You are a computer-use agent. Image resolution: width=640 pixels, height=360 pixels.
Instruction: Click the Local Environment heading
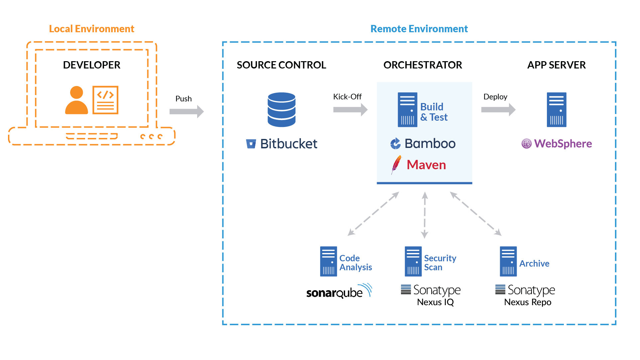pyautogui.click(x=91, y=29)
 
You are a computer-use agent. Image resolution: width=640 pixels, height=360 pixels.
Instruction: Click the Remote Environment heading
pyautogui.click(x=419, y=29)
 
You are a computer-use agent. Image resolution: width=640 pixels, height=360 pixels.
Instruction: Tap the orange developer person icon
pyautogui.click(x=76, y=100)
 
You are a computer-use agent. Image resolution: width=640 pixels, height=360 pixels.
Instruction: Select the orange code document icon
pyautogui.click(x=105, y=100)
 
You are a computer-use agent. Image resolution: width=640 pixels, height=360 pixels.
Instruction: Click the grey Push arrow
pyautogui.click(x=186, y=111)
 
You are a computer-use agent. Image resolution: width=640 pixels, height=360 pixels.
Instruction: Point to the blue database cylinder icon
pyautogui.click(x=281, y=109)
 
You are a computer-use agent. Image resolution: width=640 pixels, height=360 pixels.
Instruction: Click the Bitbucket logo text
pyautogui.click(x=289, y=144)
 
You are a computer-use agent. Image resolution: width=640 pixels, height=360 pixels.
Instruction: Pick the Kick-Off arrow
pyautogui.click(x=350, y=109)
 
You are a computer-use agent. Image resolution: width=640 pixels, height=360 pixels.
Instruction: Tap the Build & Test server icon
pyautogui.click(x=407, y=110)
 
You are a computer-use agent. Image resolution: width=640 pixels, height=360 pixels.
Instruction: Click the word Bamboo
pyautogui.click(x=430, y=144)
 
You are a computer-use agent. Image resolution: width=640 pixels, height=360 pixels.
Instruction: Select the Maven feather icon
pyautogui.click(x=396, y=165)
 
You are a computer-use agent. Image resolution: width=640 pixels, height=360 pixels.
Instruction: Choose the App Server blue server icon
pyautogui.click(x=556, y=110)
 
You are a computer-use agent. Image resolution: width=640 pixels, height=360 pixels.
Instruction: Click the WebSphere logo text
pyautogui.click(x=563, y=144)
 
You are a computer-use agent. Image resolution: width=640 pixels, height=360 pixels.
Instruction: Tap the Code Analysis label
pyautogui.click(x=355, y=263)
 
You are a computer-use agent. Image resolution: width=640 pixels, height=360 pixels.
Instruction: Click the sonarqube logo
pyautogui.click(x=338, y=292)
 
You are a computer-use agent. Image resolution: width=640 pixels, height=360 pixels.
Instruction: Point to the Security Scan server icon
pyautogui.click(x=413, y=261)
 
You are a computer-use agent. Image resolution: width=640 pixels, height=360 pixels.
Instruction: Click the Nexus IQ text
pyautogui.click(x=435, y=302)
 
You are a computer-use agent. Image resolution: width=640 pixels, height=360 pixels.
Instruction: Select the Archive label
pyautogui.click(x=534, y=264)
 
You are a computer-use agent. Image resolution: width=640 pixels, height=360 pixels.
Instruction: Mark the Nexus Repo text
pyautogui.click(x=528, y=302)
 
